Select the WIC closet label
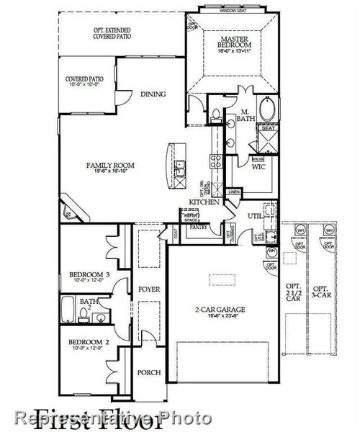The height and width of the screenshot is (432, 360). click(258, 166)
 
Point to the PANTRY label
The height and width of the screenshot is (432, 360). click(198, 227)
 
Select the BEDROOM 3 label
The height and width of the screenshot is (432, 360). click(89, 274)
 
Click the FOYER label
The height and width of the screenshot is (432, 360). click(149, 289)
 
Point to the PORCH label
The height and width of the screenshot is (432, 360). click(149, 372)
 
